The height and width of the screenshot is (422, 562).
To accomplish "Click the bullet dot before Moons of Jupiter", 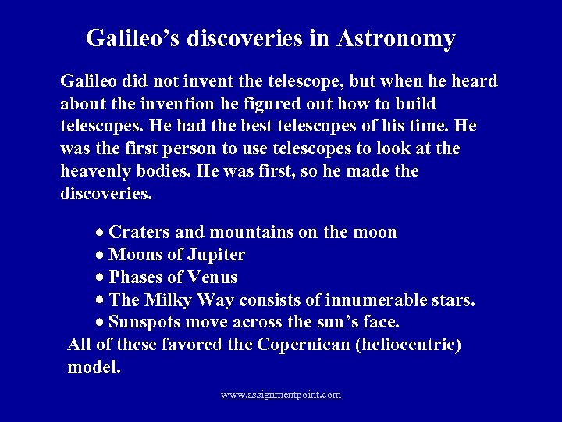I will click(x=101, y=256).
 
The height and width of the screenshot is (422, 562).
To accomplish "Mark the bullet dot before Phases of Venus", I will click(x=101, y=278).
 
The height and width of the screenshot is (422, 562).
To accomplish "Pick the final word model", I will click(x=94, y=367).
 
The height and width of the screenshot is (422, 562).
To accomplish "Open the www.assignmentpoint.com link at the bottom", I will click(x=280, y=395).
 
